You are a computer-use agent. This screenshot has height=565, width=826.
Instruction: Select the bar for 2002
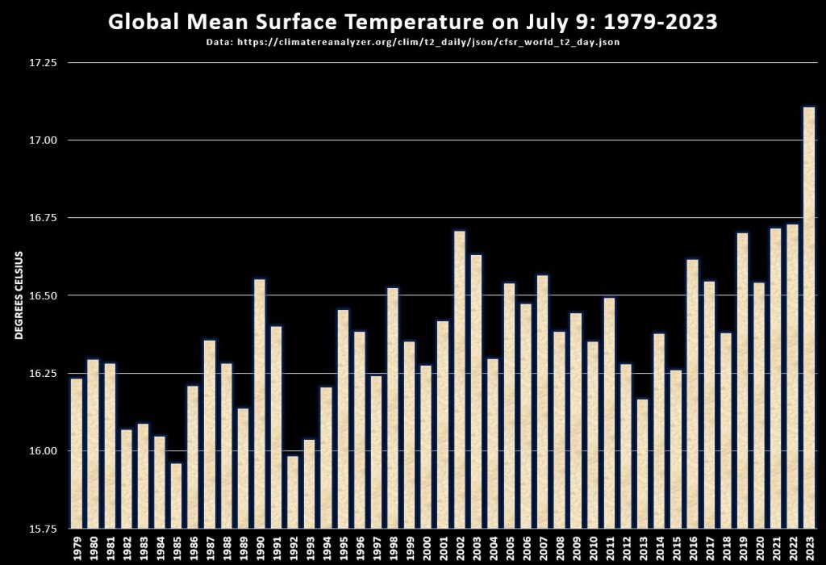[x=459, y=379]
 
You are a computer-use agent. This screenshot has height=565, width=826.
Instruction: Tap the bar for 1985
[x=176, y=496]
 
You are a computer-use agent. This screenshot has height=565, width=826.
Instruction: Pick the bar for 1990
[x=259, y=404]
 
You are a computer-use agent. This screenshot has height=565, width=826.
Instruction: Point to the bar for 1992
[x=293, y=492]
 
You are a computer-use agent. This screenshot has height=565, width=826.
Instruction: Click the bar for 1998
[x=392, y=408]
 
